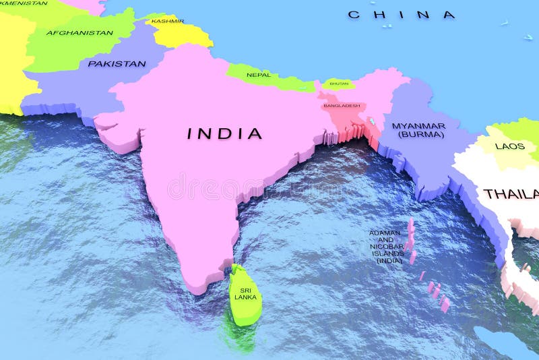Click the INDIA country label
click(x=224, y=133)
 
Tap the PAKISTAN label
click(x=117, y=64)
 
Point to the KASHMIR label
click(x=168, y=21)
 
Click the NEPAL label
click(x=259, y=75)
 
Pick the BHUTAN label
click(x=340, y=84)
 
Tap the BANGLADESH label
click(x=342, y=106)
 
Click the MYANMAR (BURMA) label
click(x=418, y=130)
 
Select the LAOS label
click(x=509, y=146)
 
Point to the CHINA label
click(x=402, y=15)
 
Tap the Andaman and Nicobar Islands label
click(x=386, y=247)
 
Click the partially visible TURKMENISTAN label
click(x=24, y=3)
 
